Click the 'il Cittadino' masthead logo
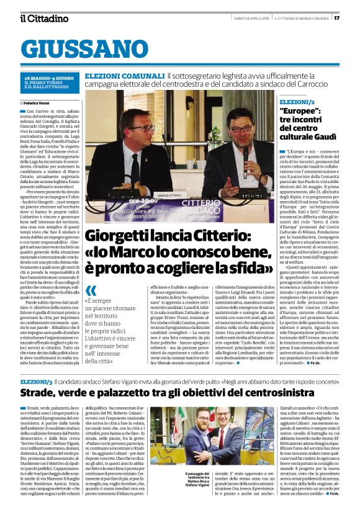click(x=44, y=18)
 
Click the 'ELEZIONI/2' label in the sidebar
click(x=297, y=101)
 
